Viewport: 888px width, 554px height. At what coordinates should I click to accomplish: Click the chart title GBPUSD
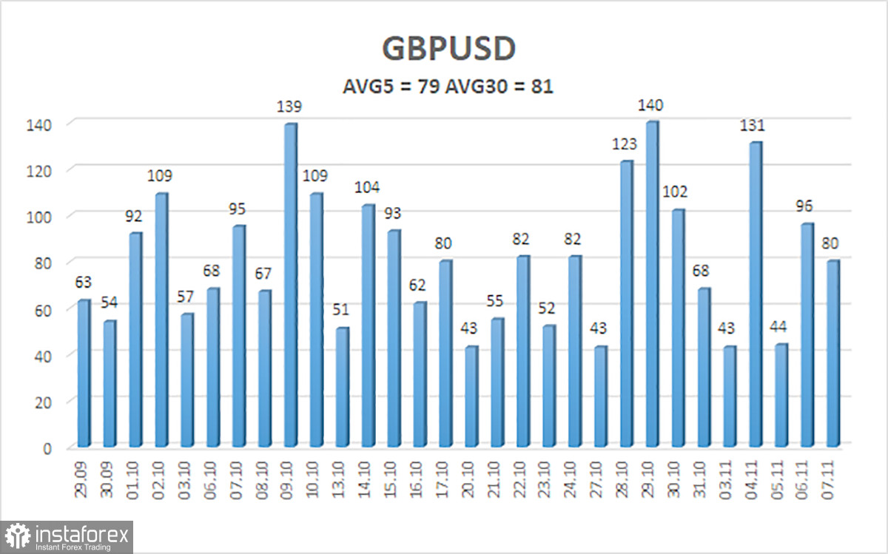pos(448,50)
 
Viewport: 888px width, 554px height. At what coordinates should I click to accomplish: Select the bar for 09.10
pos(291,285)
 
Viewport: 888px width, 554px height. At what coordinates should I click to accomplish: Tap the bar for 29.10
pos(652,285)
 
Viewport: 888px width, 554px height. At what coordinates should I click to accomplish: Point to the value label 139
pos(289,107)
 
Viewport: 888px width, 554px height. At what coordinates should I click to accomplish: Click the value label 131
pos(755,125)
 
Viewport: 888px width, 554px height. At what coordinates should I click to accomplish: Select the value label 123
pos(625,143)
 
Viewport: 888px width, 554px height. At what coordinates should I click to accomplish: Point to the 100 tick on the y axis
pos(46,217)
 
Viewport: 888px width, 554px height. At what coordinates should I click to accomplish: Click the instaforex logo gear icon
pos(17,536)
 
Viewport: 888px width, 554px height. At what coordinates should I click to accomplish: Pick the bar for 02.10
pos(161,320)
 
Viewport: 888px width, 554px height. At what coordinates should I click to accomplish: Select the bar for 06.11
pos(807,334)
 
